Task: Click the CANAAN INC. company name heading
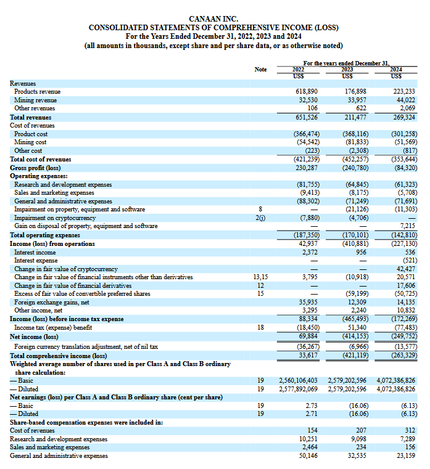click(x=213, y=19)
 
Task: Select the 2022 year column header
click(x=298, y=70)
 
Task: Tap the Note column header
click(x=260, y=70)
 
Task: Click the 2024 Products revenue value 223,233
click(x=404, y=92)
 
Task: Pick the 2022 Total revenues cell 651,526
click(x=307, y=117)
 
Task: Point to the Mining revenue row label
click(x=35, y=100)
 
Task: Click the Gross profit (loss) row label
click(x=35, y=168)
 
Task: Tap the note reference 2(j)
click(x=260, y=218)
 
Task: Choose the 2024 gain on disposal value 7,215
click(x=407, y=226)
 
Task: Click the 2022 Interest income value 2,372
click(x=310, y=252)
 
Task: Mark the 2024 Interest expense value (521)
click(x=410, y=261)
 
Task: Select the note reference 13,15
click(x=260, y=277)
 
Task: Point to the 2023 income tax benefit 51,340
click(x=357, y=327)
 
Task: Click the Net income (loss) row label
click(x=34, y=336)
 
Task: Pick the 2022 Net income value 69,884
click(x=308, y=336)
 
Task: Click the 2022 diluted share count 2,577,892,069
click(x=298, y=389)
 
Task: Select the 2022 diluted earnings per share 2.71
click(x=312, y=414)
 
